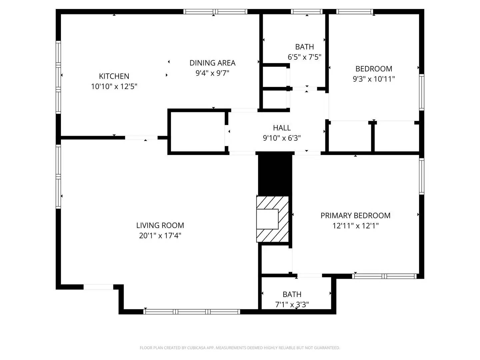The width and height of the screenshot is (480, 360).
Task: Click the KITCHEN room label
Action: click(x=114, y=76)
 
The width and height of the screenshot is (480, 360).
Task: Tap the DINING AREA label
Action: click(x=212, y=63)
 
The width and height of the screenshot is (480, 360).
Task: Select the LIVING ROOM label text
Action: click(x=160, y=225)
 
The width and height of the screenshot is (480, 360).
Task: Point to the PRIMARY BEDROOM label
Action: click(x=355, y=215)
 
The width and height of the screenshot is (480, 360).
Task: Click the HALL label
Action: click(x=282, y=128)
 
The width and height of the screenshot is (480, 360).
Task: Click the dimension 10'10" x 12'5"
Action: click(x=114, y=86)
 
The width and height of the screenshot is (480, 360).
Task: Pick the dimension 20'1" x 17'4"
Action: click(x=160, y=236)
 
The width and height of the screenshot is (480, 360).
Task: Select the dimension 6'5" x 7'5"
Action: click(x=304, y=57)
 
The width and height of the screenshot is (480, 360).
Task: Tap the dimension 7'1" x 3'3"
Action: click(x=292, y=304)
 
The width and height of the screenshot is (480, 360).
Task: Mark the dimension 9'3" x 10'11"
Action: click(x=374, y=79)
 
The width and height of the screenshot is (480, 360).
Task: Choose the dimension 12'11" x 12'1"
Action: click(x=355, y=226)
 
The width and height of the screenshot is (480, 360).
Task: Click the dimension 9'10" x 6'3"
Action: click(x=282, y=138)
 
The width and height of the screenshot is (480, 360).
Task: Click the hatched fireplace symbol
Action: click(x=272, y=219)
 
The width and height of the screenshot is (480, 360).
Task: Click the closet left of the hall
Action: click(x=198, y=132)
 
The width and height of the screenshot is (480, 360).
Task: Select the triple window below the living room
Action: click(x=192, y=312)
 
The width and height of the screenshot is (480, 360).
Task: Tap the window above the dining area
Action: click(x=215, y=12)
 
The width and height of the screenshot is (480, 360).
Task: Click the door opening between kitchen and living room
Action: click(x=141, y=137)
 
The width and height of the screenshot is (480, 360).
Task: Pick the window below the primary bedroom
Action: click(x=384, y=276)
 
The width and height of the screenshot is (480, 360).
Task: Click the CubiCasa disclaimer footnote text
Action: click(x=240, y=348)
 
